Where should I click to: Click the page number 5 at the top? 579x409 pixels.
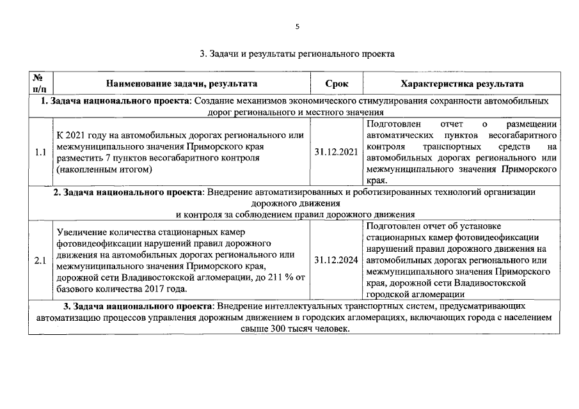(x=297, y=26)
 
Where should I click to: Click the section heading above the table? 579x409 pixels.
(x=297, y=54)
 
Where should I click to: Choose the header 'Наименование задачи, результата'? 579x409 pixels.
(x=182, y=84)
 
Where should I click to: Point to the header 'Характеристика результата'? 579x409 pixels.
(x=461, y=84)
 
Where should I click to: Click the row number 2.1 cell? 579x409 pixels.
(x=40, y=260)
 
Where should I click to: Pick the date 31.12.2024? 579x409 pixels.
(x=337, y=260)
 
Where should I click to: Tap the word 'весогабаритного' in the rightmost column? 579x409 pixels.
(x=523, y=135)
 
